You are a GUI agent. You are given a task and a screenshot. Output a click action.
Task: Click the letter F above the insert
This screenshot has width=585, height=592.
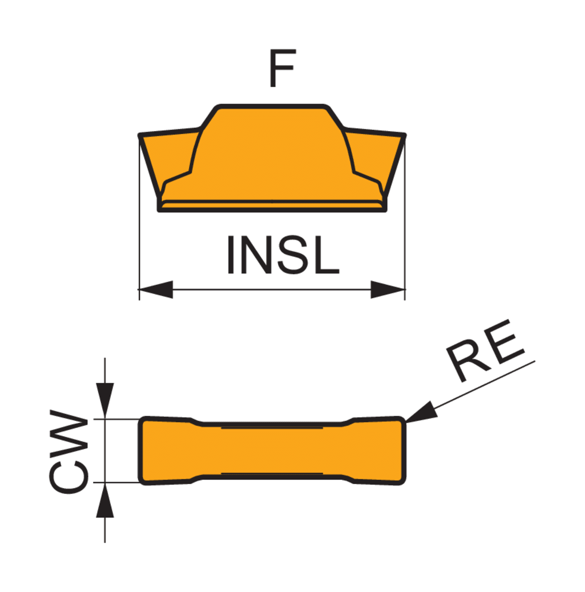pyautogui.click(x=282, y=68)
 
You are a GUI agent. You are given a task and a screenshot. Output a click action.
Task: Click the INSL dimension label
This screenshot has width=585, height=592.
pyautogui.click(x=283, y=255)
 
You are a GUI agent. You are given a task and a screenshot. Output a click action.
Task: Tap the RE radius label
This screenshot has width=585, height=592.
pyautogui.click(x=486, y=350)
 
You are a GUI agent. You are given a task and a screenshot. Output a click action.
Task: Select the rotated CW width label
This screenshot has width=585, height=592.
pyautogui.click(x=69, y=451)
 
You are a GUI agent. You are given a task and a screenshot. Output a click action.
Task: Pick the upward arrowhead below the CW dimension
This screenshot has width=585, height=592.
pyautogui.click(x=105, y=500)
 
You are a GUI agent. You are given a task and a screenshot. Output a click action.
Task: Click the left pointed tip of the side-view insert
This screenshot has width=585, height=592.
pyautogui.click(x=140, y=135)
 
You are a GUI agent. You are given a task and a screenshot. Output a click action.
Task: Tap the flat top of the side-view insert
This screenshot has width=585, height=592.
pyautogui.click(x=272, y=106)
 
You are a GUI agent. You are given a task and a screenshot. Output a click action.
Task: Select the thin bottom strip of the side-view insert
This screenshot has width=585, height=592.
pyautogui.click(x=272, y=206)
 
